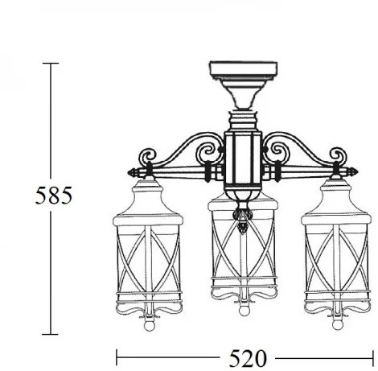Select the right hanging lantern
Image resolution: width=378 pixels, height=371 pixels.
pyautogui.click(x=334, y=258)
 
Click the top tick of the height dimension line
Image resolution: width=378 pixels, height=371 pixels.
pyautogui.click(x=52, y=64)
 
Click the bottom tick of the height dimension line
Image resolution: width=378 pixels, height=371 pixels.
pyautogui.click(x=52, y=332)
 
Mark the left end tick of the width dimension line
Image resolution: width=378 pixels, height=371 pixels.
pyautogui.click(x=119, y=356)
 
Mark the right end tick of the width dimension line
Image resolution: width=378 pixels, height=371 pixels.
pyautogui.click(x=372, y=356)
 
